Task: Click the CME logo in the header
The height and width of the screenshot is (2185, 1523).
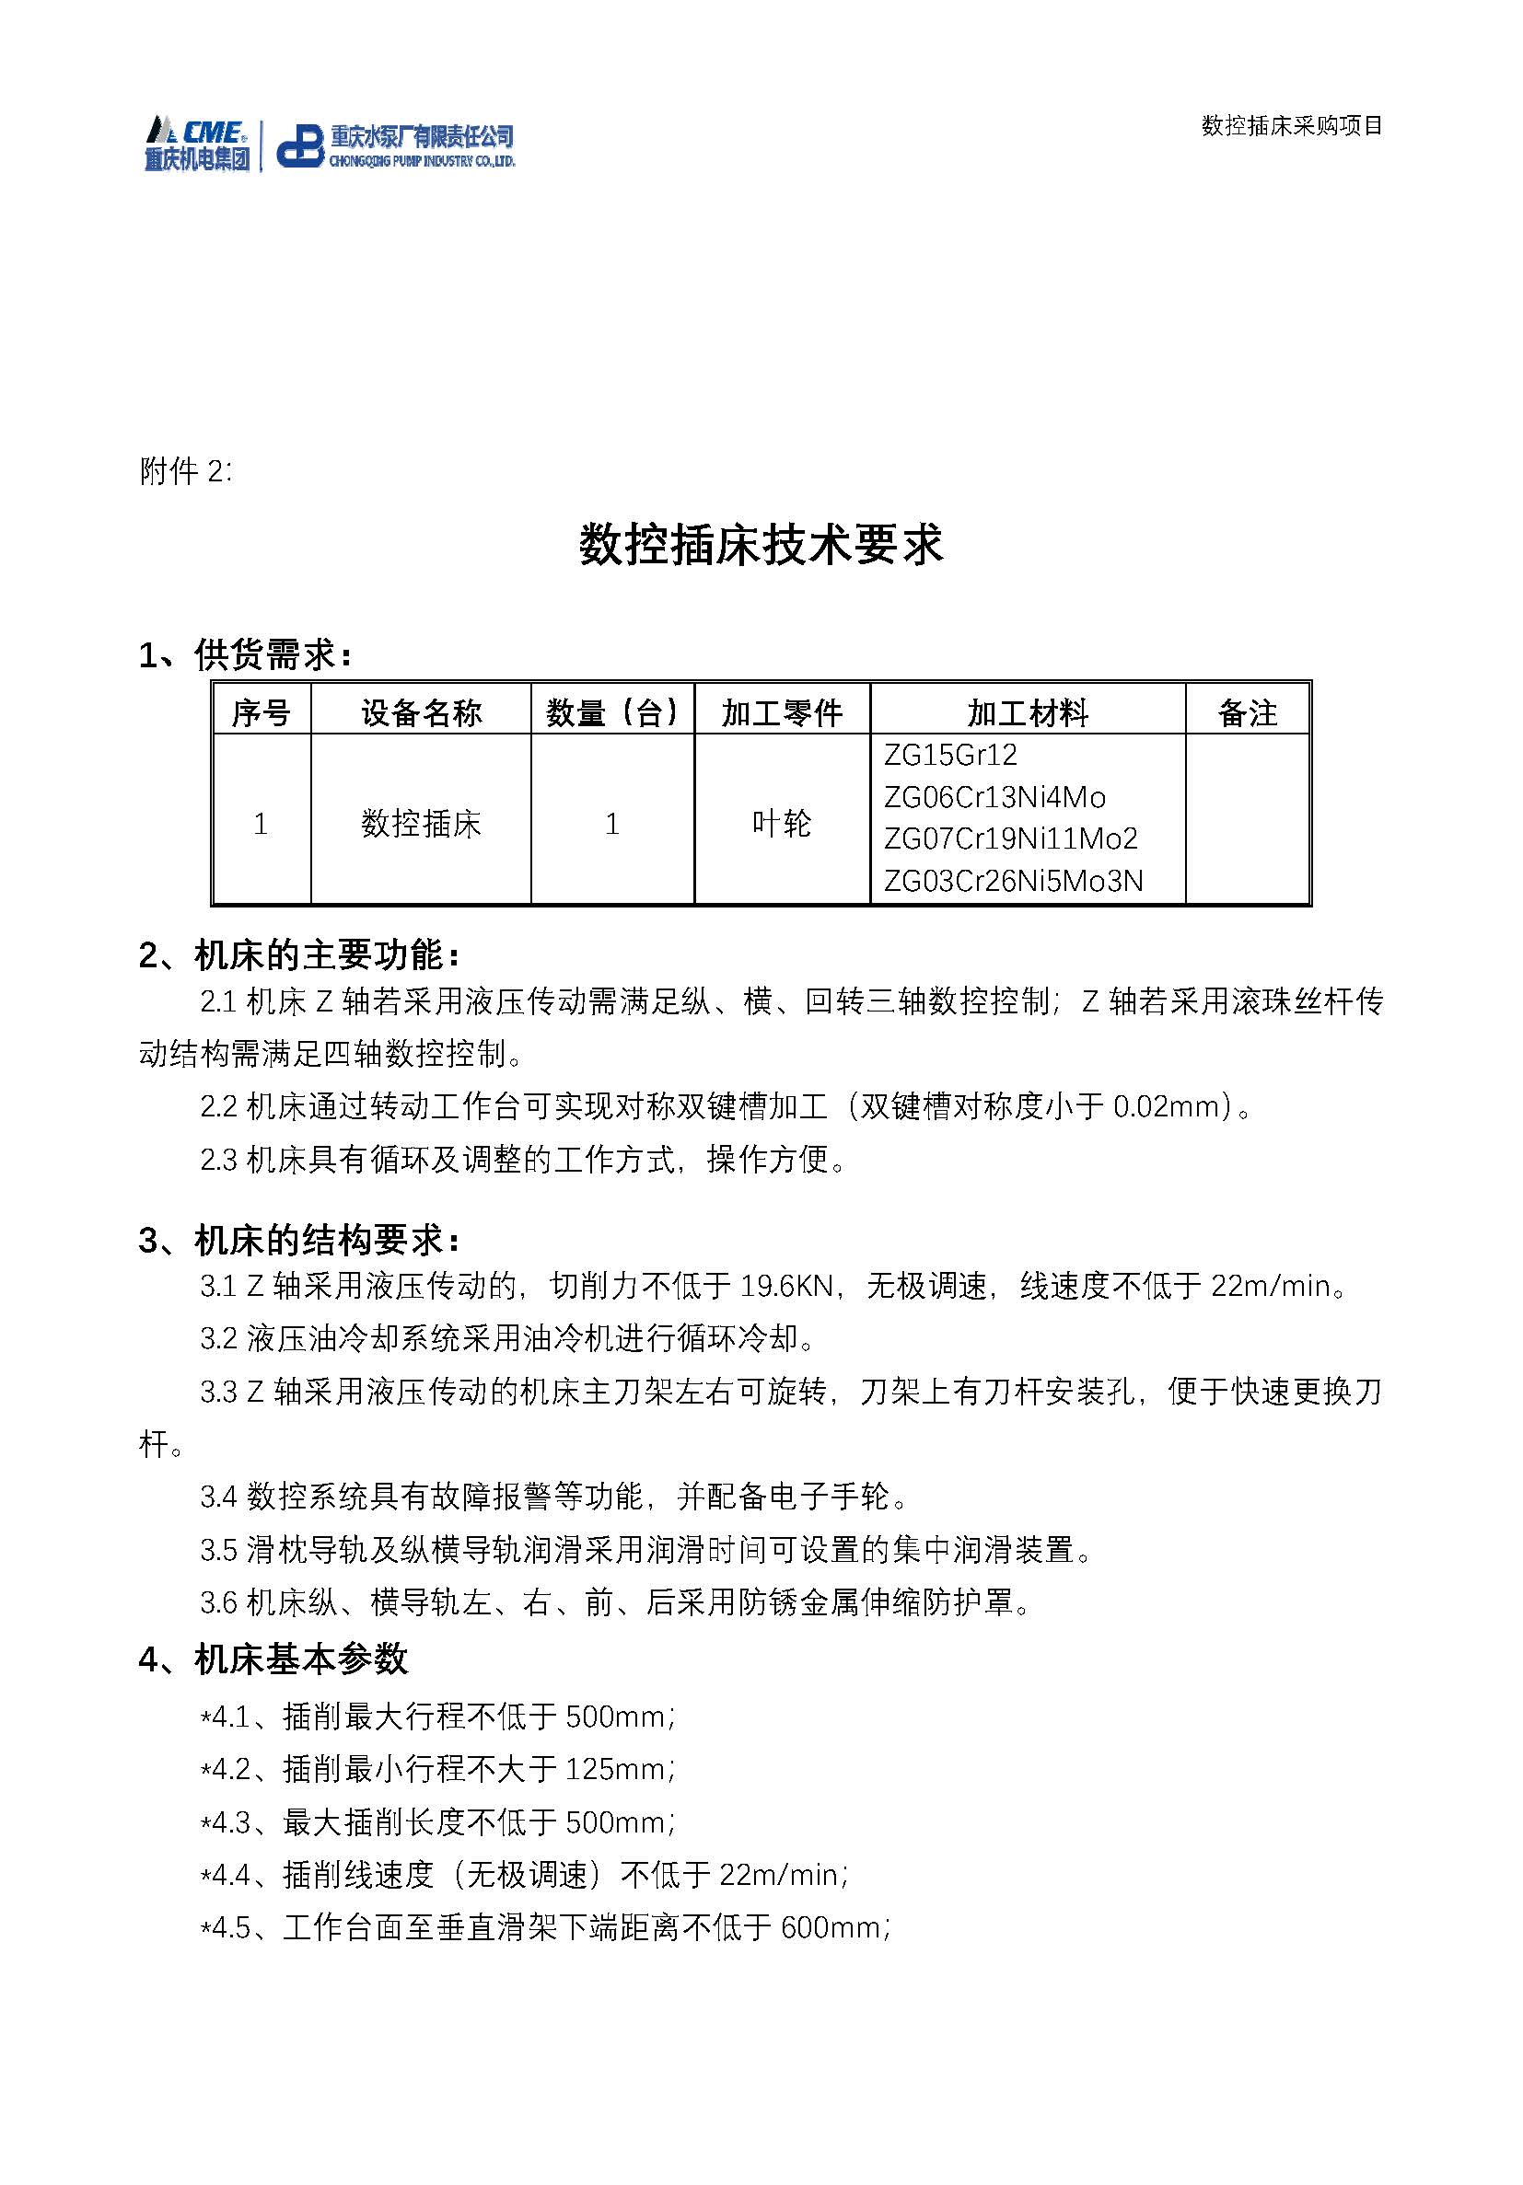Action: click(x=197, y=144)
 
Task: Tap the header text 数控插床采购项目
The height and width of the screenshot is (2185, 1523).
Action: click(x=1291, y=125)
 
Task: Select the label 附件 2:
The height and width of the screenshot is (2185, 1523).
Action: click(x=186, y=471)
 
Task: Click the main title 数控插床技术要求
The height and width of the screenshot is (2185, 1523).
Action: click(x=761, y=545)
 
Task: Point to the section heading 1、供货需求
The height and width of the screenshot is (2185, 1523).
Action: click(x=246, y=654)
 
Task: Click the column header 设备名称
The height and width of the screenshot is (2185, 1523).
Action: click(x=421, y=712)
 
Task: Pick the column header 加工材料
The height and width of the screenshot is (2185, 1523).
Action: click(x=1027, y=712)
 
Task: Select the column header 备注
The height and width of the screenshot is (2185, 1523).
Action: click(x=1247, y=712)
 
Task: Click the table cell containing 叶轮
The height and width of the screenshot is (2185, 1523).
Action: click(x=782, y=823)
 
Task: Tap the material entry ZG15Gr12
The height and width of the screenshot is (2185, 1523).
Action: click(x=950, y=756)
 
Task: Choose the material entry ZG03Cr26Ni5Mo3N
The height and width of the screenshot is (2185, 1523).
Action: click(x=1013, y=881)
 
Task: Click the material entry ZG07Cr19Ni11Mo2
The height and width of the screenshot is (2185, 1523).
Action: click(x=1010, y=838)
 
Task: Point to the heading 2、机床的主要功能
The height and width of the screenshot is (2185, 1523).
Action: click(x=299, y=954)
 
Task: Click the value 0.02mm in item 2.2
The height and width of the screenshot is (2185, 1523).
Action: click(x=1172, y=1107)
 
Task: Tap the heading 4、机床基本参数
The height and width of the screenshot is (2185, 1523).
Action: click(x=273, y=1660)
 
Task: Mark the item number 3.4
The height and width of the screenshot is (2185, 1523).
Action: click(x=218, y=1497)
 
